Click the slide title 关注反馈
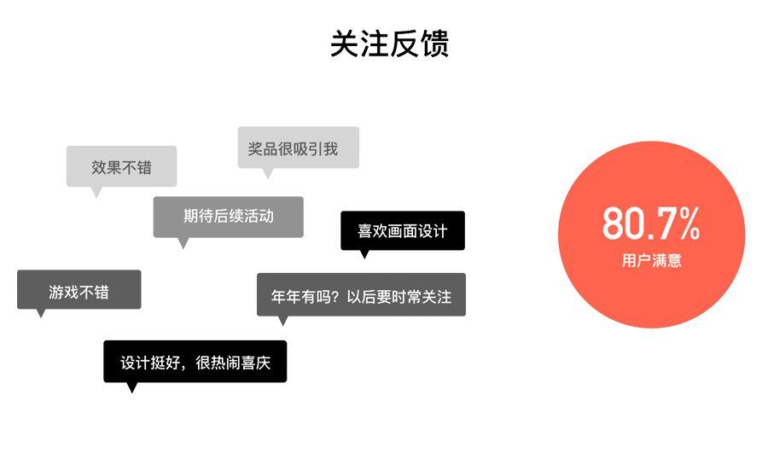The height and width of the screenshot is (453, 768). (x=389, y=44)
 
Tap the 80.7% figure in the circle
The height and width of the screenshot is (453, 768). (x=651, y=224)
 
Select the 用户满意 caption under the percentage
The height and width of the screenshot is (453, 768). (x=651, y=261)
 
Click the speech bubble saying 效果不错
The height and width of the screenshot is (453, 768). (x=121, y=166)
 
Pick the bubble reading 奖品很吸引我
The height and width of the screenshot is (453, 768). (x=297, y=148)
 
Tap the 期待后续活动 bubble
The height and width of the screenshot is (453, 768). (x=228, y=216)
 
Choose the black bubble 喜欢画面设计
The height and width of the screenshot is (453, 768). (x=402, y=230)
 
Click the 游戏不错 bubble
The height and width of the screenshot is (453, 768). (x=79, y=290)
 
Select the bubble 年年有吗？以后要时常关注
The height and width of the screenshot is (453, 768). (x=361, y=295)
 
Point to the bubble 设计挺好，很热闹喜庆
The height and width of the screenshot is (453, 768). (x=195, y=361)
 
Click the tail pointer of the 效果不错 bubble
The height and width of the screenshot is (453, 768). (x=96, y=192)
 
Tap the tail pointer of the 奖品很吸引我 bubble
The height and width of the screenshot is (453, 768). (x=267, y=173)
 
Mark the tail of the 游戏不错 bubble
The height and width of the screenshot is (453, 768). (x=39, y=313)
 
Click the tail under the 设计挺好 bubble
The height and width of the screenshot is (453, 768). (x=131, y=387)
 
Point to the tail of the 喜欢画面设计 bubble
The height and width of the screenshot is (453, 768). (x=364, y=253)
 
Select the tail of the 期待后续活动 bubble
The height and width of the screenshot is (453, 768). (x=182, y=243)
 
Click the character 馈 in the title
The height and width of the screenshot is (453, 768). (x=433, y=44)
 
